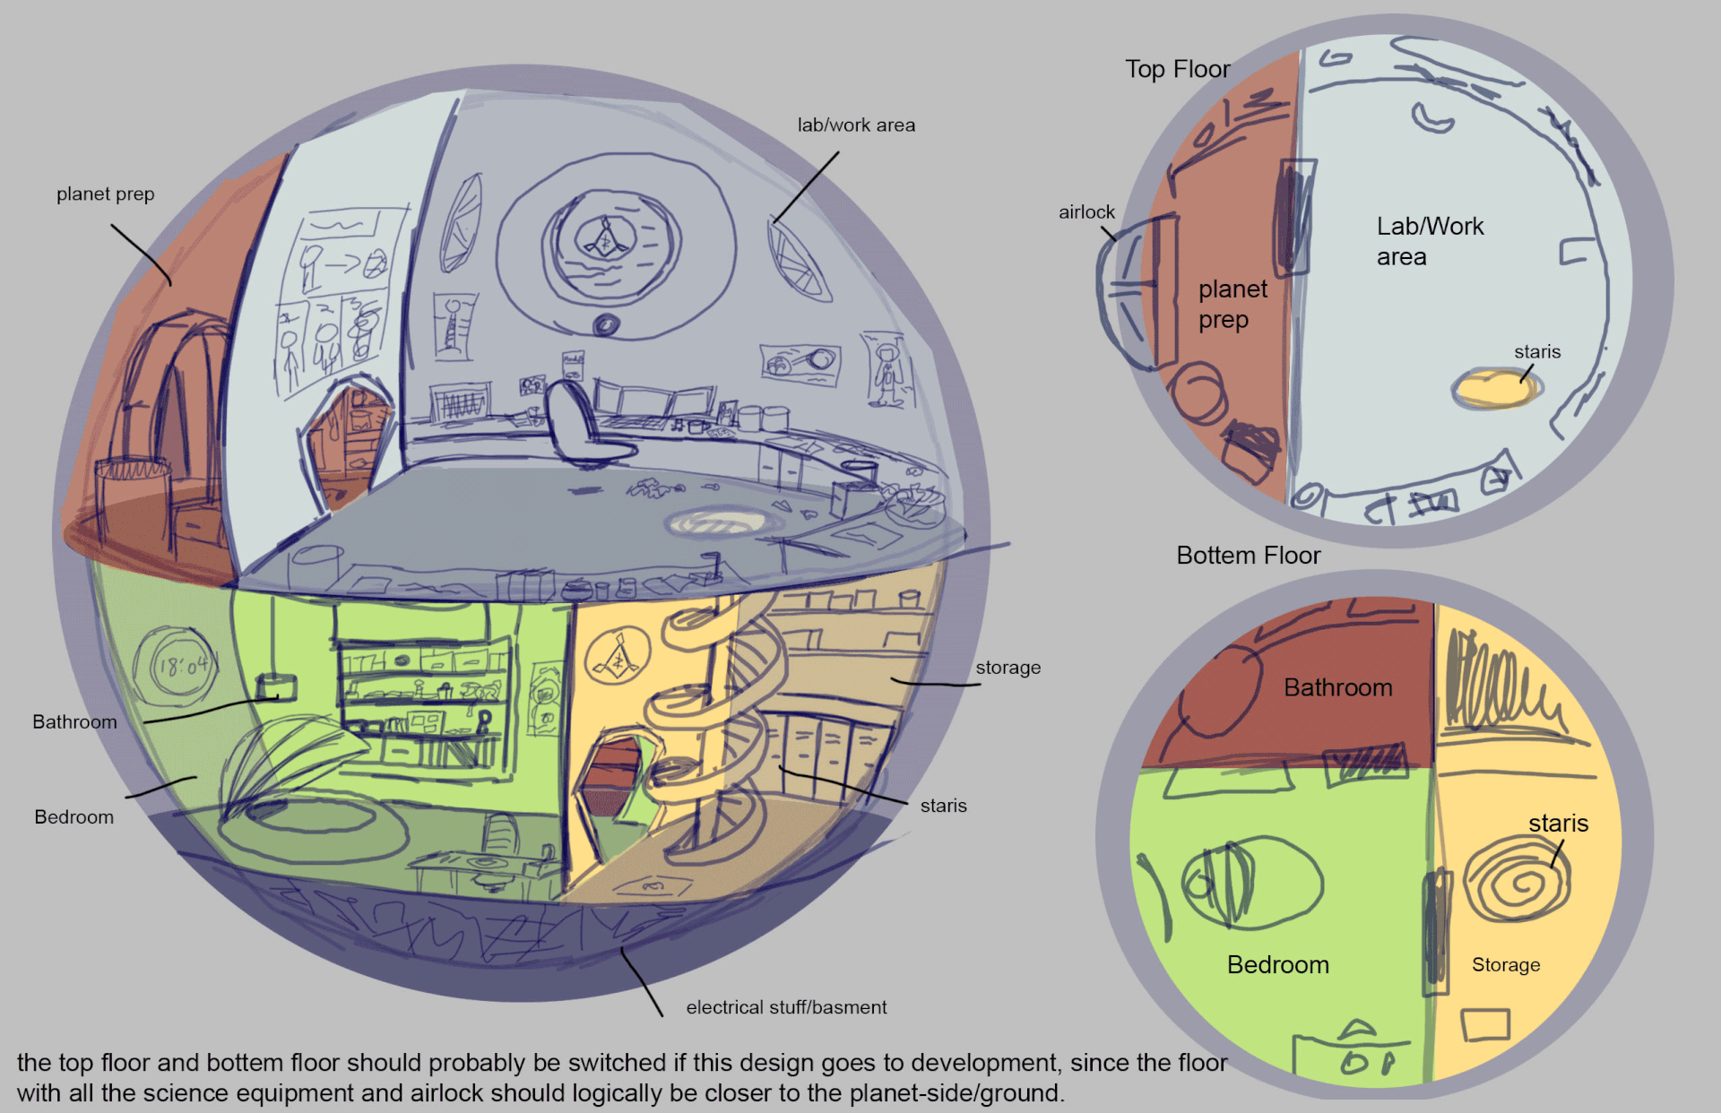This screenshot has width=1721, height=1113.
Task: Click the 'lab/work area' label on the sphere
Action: point(856,125)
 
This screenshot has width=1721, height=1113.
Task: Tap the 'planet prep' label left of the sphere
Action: point(105,194)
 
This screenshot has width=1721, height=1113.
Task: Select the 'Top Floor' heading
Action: point(1177,69)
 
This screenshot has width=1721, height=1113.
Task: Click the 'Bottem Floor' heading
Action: point(1248,556)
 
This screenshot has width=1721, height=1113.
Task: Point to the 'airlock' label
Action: point(1086,212)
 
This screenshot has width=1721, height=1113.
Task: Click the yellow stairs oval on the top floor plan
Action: point(1494,389)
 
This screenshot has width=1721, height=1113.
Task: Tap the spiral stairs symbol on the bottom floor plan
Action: point(1518,883)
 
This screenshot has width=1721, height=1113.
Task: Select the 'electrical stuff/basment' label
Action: point(786,1007)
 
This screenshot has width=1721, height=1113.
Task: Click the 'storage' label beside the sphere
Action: point(1008,668)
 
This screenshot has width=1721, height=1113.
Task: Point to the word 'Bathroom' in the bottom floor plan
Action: point(1337,687)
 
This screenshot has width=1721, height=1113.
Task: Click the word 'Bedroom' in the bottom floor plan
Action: point(1277,965)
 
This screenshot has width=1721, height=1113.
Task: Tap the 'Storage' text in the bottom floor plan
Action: point(1506,965)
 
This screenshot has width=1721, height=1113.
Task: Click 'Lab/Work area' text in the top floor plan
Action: point(1429,241)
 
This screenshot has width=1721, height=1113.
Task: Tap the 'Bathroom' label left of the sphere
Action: point(74,722)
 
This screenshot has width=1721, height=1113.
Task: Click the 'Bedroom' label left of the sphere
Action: point(74,817)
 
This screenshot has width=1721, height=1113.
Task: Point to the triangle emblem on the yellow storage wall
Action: point(618,660)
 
